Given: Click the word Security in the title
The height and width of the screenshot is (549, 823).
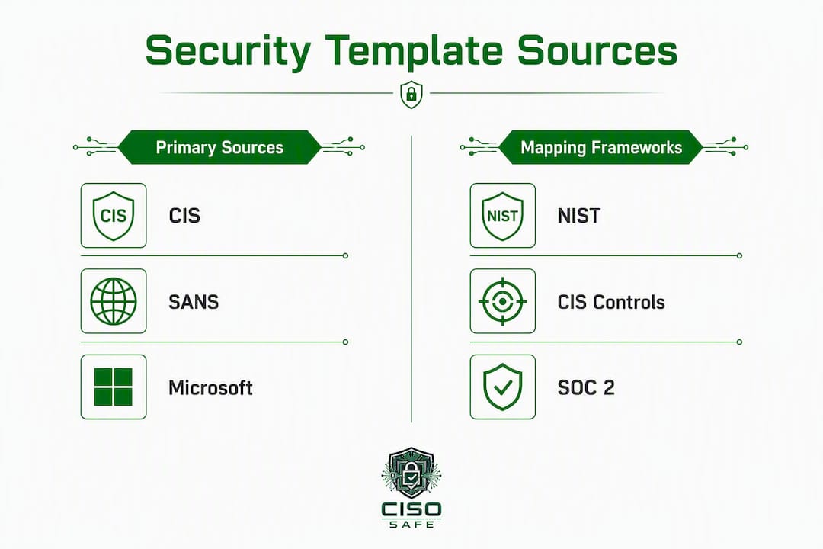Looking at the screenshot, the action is [228, 51].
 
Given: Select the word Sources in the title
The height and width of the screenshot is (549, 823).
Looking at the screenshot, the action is [597, 50].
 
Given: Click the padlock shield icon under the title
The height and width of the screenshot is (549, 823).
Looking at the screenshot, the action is [411, 95].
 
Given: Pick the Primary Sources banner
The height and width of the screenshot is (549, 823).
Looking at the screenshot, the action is [219, 147].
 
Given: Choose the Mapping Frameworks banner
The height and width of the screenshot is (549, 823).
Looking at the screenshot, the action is [601, 147].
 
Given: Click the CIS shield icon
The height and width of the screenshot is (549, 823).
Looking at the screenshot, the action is [114, 215].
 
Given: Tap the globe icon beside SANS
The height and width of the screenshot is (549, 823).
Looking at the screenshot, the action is [114, 301].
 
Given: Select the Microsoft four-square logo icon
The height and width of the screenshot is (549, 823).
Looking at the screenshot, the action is [114, 387].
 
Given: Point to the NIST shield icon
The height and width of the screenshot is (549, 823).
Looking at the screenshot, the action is [502, 215].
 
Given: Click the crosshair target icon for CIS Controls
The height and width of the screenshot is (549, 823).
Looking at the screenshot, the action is [502, 301].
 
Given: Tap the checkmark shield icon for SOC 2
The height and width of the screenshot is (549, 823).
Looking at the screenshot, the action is [502, 387].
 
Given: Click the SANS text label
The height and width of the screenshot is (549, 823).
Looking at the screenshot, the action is [194, 302].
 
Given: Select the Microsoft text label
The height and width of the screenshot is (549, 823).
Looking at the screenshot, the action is [210, 387].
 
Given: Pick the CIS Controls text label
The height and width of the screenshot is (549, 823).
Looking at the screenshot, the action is [611, 302].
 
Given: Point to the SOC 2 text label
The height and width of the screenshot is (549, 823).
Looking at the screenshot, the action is [586, 387].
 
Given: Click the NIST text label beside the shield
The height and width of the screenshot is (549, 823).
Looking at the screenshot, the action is [579, 216].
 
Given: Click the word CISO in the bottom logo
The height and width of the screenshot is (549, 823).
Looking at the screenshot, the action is [411, 509].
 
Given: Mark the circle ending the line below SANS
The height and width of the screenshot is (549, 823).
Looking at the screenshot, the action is [345, 342].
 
